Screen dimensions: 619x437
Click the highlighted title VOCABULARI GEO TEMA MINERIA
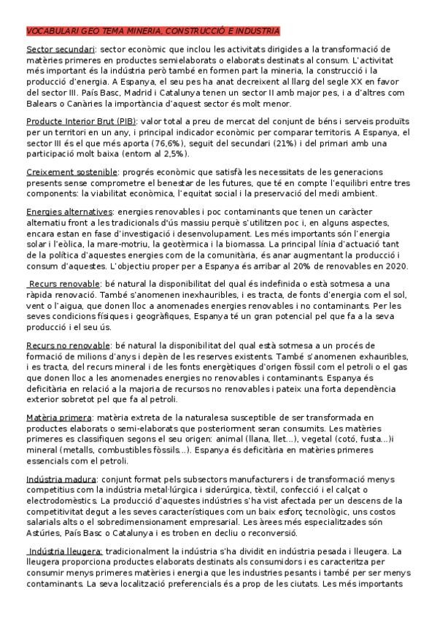[x=152, y=32]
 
